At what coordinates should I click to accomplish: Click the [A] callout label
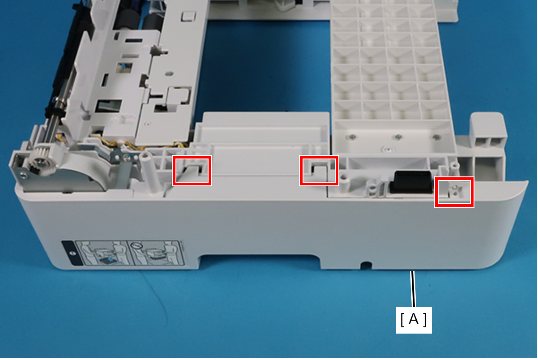(414, 320)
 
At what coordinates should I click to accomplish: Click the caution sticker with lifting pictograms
(123, 253)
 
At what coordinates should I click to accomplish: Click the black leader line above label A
(413, 289)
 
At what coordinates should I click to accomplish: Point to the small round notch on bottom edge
(366, 266)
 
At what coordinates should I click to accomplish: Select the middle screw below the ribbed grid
(398, 137)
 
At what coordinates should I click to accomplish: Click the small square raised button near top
(188, 16)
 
